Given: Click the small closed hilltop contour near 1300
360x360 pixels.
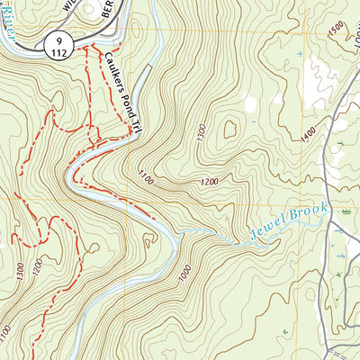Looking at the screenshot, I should pyautogui.click(x=226, y=128).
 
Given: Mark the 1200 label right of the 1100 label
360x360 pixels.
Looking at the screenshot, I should pyautogui.click(x=209, y=183).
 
